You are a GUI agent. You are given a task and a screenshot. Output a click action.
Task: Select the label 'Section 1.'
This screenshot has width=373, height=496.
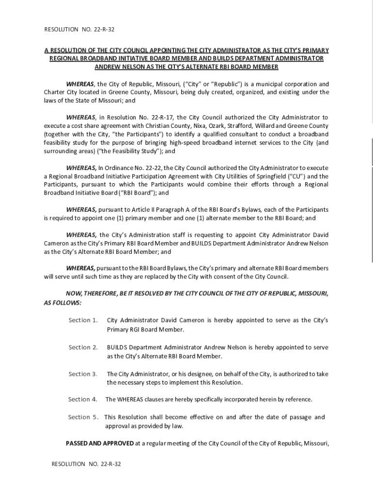tap(83, 320)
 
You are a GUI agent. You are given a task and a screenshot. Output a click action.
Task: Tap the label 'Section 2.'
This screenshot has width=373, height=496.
tap(83, 347)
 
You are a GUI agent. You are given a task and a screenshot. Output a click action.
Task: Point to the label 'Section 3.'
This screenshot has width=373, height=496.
tap(83, 374)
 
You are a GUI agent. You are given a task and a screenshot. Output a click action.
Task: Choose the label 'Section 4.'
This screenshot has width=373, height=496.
tap(82, 400)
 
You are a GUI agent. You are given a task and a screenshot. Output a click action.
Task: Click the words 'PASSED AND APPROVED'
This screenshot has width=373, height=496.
tap(100, 443)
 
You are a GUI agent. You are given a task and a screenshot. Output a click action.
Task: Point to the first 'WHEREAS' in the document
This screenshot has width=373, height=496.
tap(80, 84)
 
